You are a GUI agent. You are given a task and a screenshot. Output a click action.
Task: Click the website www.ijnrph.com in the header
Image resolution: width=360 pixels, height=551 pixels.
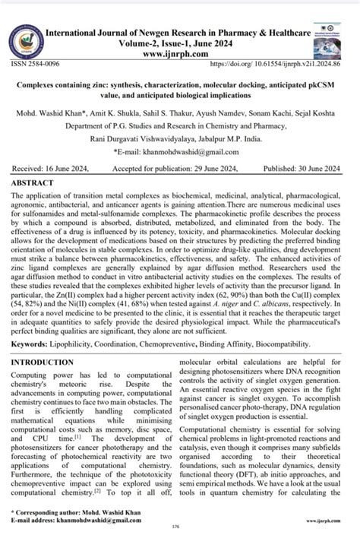178,55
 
